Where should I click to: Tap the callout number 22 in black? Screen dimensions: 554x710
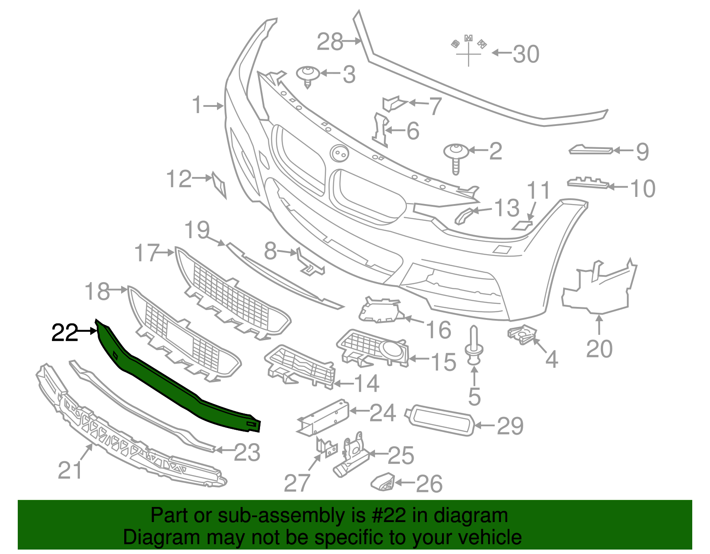click(64, 333)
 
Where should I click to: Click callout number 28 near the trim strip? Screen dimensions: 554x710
click(330, 42)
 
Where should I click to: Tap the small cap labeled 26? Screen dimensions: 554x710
click(383, 482)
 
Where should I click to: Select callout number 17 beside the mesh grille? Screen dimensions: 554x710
click(147, 253)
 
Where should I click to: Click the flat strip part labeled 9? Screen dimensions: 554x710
click(591, 150)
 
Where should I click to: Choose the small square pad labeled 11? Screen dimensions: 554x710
click(522, 225)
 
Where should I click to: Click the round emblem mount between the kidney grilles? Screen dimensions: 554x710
click(339, 153)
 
